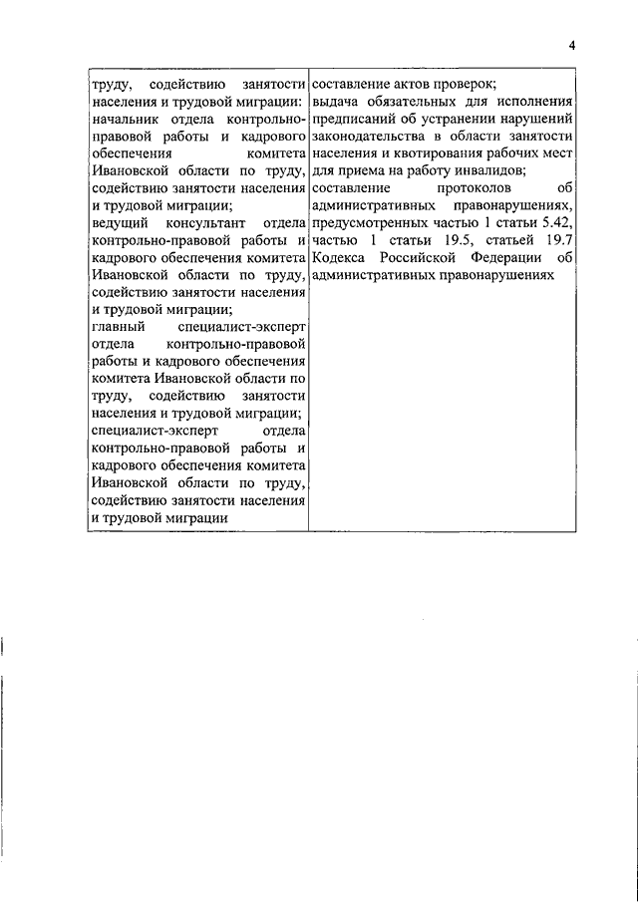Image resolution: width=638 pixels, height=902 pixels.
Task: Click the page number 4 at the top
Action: (x=572, y=46)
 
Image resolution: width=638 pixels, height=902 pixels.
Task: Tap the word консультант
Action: (x=207, y=223)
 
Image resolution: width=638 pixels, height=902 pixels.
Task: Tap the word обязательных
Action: (x=422, y=102)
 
